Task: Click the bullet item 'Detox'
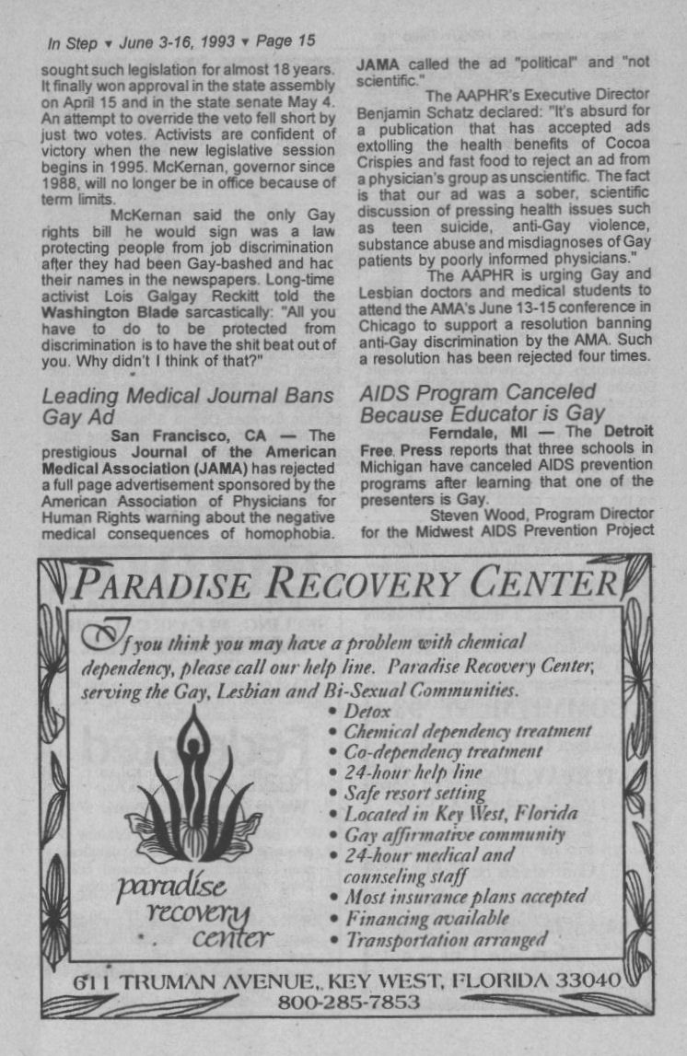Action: click(367, 711)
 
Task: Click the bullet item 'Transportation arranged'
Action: click(446, 939)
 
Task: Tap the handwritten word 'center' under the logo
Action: click(232, 939)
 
